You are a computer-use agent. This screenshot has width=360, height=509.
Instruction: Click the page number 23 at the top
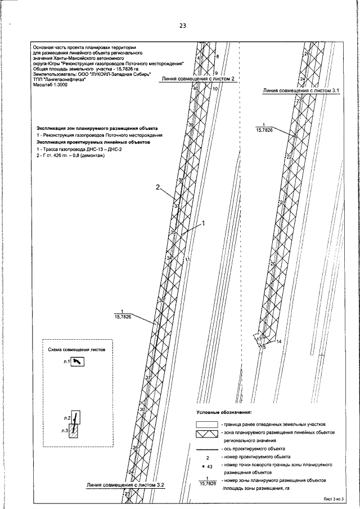[x=182, y=26]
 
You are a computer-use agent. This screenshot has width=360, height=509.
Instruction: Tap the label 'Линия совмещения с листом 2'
[x=197, y=79]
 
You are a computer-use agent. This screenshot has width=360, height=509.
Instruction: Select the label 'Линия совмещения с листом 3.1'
[x=298, y=89]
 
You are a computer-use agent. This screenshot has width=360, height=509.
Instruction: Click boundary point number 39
[x=191, y=124]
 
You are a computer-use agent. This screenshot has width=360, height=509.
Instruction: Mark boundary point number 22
[x=289, y=157]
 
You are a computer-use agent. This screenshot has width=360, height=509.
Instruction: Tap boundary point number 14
[x=278, y=342]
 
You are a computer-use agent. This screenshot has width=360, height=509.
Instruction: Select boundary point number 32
[x=162, y=301]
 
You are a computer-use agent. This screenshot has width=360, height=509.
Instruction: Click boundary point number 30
[x=142, y=409]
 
